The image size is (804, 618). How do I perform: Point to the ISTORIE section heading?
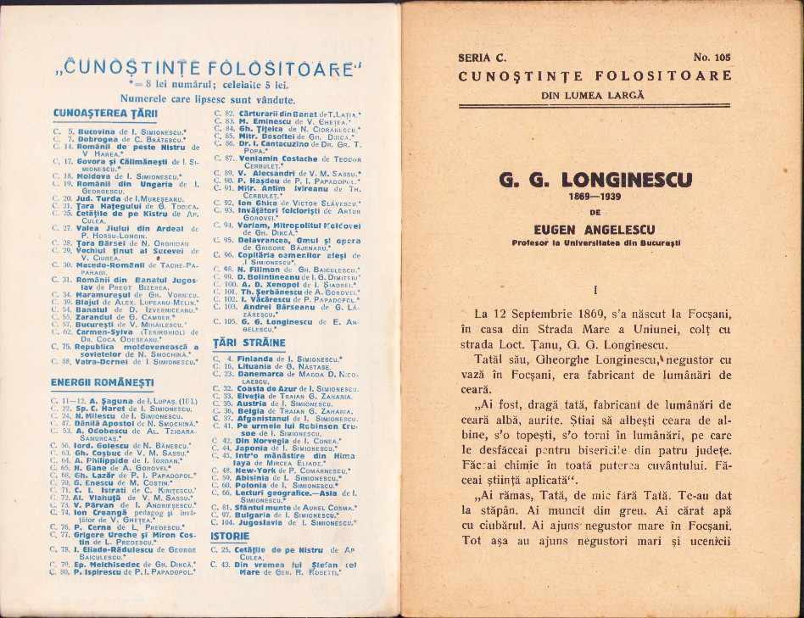(230, 536)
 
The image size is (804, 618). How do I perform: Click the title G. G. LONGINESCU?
(595, 179)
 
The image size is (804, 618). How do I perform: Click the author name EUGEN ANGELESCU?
(595, 229)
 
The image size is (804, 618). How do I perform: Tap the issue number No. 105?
(711, 58)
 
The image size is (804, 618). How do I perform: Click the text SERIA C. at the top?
(481, 58)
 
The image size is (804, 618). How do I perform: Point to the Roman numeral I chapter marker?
(595, 290)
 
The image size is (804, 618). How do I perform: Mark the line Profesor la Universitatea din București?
(595, 243)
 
